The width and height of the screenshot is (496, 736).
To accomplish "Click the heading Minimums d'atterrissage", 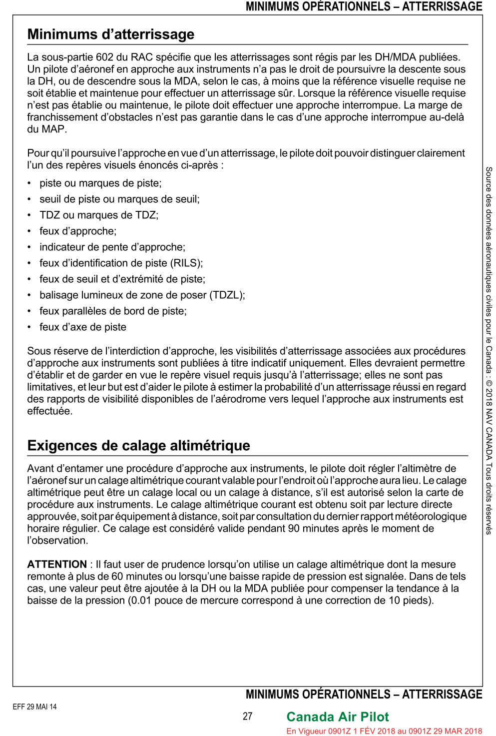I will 111,34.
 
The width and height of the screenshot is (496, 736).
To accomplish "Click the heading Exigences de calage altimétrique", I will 138,446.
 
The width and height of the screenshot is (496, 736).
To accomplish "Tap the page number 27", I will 248,717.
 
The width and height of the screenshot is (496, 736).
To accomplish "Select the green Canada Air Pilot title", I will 337,717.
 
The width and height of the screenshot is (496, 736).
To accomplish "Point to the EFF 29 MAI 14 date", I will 34,707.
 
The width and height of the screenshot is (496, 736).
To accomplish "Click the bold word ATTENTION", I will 57,565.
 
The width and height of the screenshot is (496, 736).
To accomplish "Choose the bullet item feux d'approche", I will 78,231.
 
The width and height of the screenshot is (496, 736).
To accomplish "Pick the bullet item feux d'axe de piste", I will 83,327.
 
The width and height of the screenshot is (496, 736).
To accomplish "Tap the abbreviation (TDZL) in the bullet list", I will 227,295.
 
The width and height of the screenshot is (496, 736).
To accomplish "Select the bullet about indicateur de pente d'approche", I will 112,247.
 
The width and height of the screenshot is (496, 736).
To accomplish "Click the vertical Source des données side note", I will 489,350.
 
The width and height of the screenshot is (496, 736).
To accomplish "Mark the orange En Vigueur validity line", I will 384,731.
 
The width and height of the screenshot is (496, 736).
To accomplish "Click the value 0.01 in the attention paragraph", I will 140,601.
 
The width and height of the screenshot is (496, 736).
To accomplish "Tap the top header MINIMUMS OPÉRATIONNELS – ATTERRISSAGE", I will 364,6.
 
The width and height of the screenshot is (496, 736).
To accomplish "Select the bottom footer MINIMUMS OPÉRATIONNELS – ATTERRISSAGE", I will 364,695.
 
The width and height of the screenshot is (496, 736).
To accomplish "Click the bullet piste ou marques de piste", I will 100,183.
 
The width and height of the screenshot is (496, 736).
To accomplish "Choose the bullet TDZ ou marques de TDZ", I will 99,215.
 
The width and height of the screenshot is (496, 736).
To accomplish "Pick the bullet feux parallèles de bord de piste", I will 113,311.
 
